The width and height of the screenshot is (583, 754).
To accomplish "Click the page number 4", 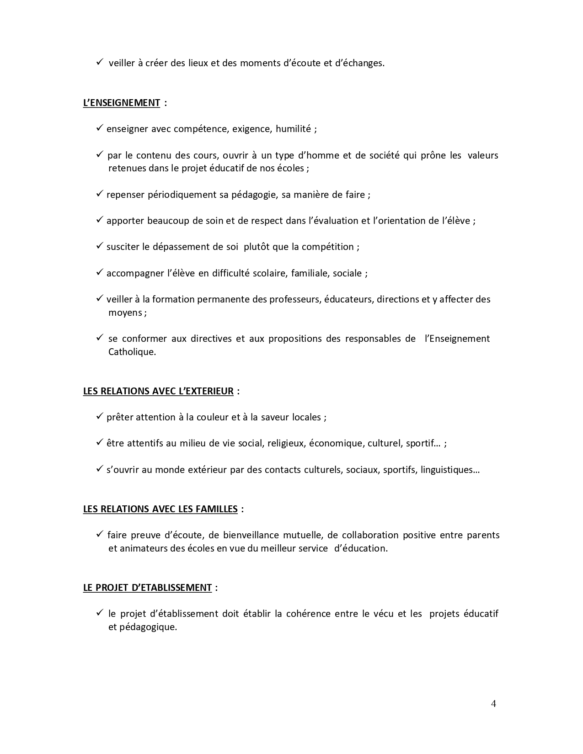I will coord(493,703).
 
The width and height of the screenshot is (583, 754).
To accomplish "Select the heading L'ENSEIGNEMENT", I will coord(122,103).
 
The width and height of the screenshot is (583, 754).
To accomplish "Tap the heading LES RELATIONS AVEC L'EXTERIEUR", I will coord(158,391).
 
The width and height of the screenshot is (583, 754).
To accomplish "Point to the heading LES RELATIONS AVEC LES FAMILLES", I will coord(160,509).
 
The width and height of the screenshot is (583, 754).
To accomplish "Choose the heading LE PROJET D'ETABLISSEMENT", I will coord(147,588).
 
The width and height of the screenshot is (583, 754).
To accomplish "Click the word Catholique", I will coord(132,352).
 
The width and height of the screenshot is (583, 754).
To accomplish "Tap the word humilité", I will coord(293,129).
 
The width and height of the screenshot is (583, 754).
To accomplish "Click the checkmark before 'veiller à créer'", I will coord(100,63).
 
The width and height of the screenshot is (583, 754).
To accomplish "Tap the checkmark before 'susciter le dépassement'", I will coord(100,246).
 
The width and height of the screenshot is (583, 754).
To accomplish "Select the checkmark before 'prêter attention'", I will coord(100,417).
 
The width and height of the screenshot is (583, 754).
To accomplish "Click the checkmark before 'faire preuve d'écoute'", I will coord(100,535).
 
